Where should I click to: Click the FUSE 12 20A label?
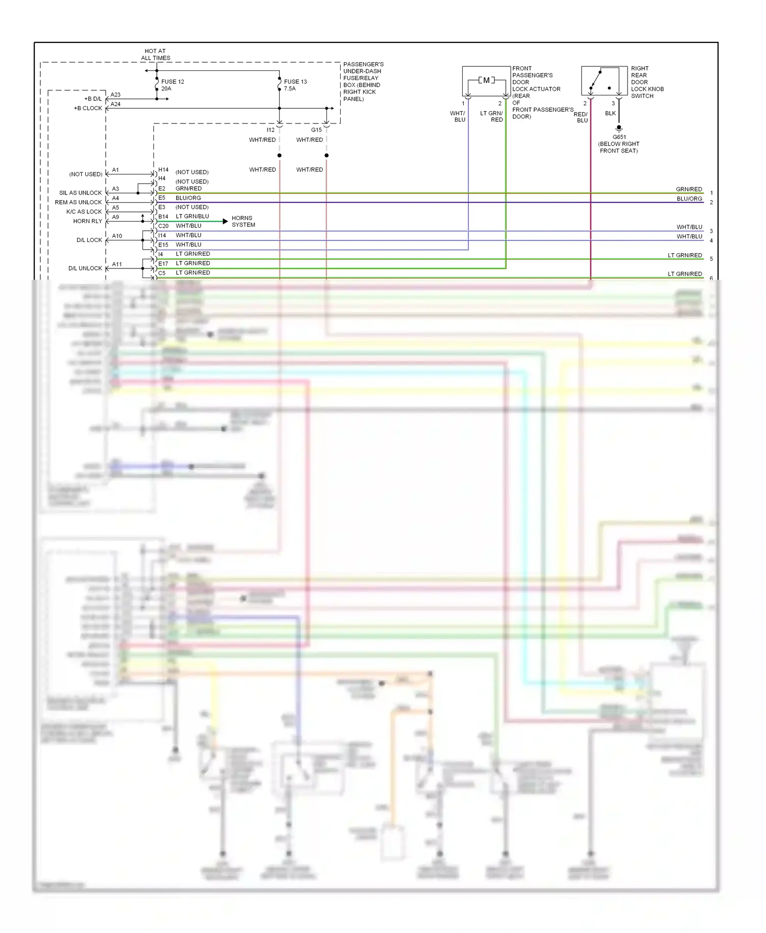click(172, 85)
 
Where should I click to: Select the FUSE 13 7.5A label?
click(295, 85)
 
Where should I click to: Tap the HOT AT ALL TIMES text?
click(155, 55)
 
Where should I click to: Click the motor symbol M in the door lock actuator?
click(486, 80)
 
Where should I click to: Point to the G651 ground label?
click(619, 137)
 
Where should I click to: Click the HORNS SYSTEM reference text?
click(243, 221)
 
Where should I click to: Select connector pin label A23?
click(115, 94)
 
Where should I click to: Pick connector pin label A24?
click(115, 104)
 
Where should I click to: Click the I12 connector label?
click(270, 130)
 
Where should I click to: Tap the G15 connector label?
click(316, 130)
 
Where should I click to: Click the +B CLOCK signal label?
click(88, 108)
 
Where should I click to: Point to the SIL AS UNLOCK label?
click(80, 193)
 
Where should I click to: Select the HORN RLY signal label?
click(87, 221)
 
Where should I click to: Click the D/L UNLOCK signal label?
click(85, 268)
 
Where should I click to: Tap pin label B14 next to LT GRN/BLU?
click(163, 216)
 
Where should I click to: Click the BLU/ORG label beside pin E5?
click(188, 198)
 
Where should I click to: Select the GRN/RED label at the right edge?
click(689, 189)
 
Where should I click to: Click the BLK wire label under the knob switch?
click(610, 113)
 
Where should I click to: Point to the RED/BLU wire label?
click(581, 117)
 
